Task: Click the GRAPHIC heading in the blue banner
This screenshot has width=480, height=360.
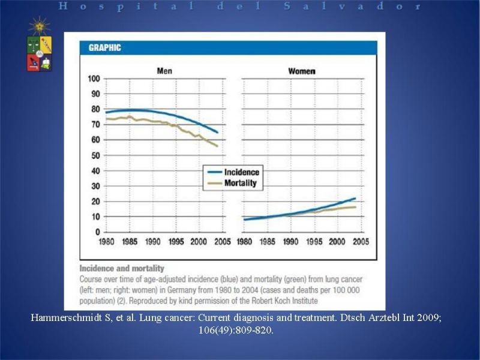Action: click(104, 48)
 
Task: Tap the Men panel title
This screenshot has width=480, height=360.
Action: click(164, 71)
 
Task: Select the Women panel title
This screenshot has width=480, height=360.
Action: click(302, 71)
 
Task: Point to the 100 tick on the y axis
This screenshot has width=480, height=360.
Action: click(94, 79)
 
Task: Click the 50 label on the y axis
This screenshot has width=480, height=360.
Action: click(96, 155)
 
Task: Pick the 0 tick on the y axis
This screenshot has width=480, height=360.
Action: click(98, 232)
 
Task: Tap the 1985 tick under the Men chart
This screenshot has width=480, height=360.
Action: click(130, 242)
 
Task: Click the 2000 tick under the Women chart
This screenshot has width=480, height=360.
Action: click(337, 242)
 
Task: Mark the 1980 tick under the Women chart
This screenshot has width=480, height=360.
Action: click(244, 242)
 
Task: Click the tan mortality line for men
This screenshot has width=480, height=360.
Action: click(161, 124)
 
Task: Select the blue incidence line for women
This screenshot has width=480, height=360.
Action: click(299, 212)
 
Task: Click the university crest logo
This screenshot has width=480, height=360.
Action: click(40, 44)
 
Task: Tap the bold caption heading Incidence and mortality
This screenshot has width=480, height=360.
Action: click(122, 268)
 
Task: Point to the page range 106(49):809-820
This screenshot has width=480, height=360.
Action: click(236, 331)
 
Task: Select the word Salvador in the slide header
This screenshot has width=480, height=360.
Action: click(352, 6)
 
